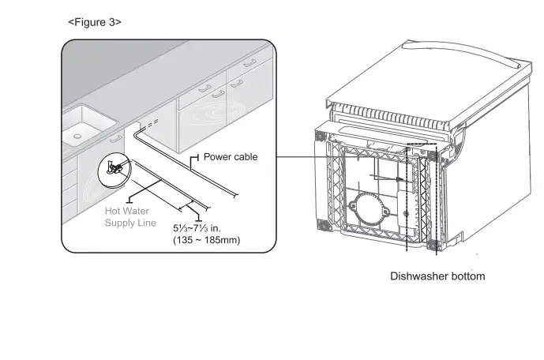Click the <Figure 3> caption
pos(95,22)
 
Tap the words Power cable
pos(231,157)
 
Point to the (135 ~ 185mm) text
pos(206,240)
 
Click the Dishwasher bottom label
pos(437,276)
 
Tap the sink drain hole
pos(77,136)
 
